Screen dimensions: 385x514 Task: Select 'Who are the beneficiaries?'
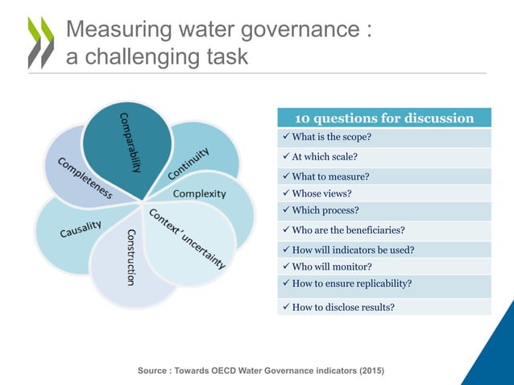tap(347, 230)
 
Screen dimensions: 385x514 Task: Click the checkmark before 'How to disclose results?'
tap(283, 306)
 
